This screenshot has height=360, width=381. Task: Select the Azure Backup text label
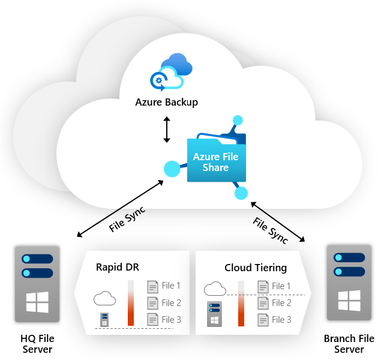[x=166, y=102]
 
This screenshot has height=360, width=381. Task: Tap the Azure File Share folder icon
[x=216, y=159]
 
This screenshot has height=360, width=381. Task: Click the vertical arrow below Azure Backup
[x=167, y=130]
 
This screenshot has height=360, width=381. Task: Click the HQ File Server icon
[x=38, y=283]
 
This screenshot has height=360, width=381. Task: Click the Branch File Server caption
[x=348, y=344]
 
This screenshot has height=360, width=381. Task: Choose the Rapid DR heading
[x=118, y=267]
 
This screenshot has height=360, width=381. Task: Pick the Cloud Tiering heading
[x=256, y=268]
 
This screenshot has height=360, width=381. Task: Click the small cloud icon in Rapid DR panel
[x=104, y=298]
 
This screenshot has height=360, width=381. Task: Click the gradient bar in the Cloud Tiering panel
[x=241, y=303]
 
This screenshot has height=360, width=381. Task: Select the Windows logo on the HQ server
[x=37, y=302]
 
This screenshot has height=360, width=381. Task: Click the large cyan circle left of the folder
[x=172, y=169]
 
